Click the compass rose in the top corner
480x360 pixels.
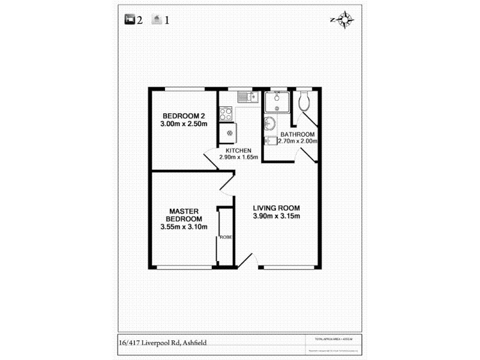(x=344, y=20)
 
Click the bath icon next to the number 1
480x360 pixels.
(x=157, y=20)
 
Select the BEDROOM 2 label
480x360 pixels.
(x=184, y=116)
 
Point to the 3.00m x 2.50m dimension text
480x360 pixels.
(x=184, y=124)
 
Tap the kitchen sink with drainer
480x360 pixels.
(x=247, y=96)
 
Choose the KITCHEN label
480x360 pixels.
(x=238, y=150)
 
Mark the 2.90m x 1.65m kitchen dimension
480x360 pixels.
(x=238, y=157)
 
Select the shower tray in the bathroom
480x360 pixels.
(x=277, y=101)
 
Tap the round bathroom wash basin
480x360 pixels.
(x=269, y=124)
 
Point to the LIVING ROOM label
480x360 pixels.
(x=276, y=208)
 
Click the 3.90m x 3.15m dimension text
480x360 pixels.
(x=276, y=217)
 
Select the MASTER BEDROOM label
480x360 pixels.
(x=184, y=215)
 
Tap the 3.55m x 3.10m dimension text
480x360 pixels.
(x=184, y=227)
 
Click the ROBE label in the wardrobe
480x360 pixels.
(x=226, y=237)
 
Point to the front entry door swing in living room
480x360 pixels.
(x=249, y=259)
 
